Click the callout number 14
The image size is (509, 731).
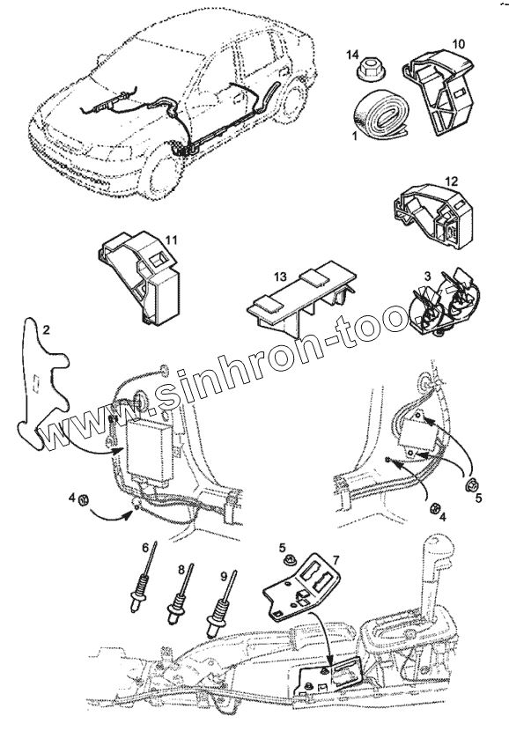[352, 55]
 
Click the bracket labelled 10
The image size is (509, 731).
[440, 92]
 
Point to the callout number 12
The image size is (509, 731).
[452, 181]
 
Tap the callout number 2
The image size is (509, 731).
[46, 330]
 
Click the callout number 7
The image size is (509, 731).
[336, 558]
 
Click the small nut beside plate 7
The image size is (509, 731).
[286, 558]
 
